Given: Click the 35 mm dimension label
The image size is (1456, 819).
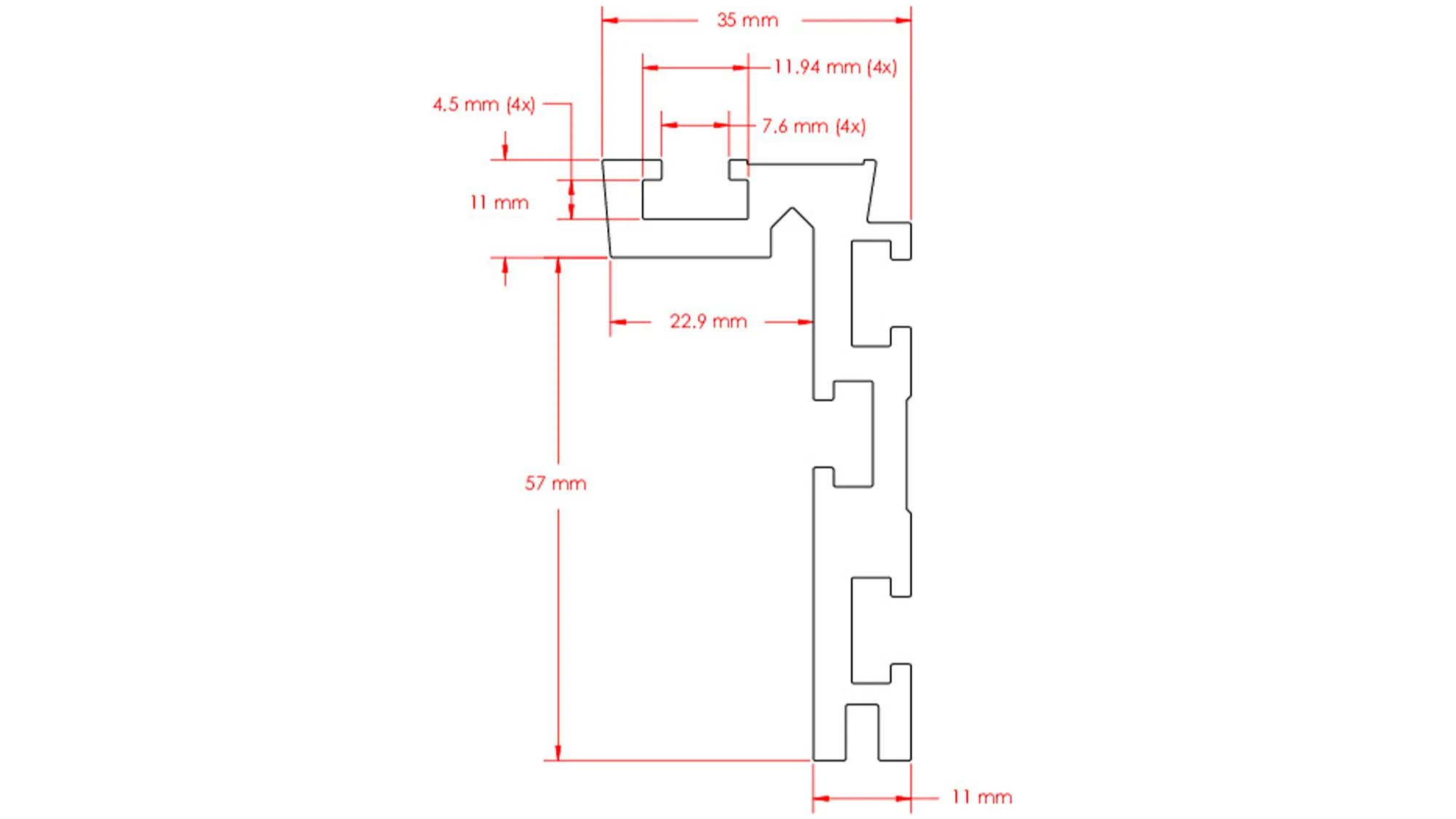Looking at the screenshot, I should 747,20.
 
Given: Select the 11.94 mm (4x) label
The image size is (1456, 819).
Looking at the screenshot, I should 835,68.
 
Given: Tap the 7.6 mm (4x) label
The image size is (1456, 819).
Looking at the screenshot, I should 813,127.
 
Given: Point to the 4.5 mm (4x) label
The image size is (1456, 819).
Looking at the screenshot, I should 483,105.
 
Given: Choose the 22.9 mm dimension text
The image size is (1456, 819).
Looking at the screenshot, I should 708,322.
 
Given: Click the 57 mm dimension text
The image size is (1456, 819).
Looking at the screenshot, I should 555,483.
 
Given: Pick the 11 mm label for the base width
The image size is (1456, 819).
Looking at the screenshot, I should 981,798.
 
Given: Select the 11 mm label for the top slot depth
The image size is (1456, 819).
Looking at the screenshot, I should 499,203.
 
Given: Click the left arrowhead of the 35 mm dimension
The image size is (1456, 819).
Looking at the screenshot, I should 610,20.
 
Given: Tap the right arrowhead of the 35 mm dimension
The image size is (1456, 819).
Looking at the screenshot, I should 903,20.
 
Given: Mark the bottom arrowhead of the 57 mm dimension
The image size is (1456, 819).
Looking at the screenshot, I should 558,753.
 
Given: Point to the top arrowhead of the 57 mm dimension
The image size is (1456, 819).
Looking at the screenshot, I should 558,266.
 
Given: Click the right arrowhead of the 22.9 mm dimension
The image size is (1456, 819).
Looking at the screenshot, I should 805,322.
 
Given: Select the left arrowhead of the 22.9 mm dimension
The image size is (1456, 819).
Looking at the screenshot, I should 618,322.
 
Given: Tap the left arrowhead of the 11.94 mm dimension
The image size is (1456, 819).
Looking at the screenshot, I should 650,68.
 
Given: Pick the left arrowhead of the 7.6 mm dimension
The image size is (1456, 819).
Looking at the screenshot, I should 669,125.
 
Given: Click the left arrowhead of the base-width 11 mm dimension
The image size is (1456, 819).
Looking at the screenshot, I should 820,799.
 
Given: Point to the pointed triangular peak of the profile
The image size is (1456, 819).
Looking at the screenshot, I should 792,210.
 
